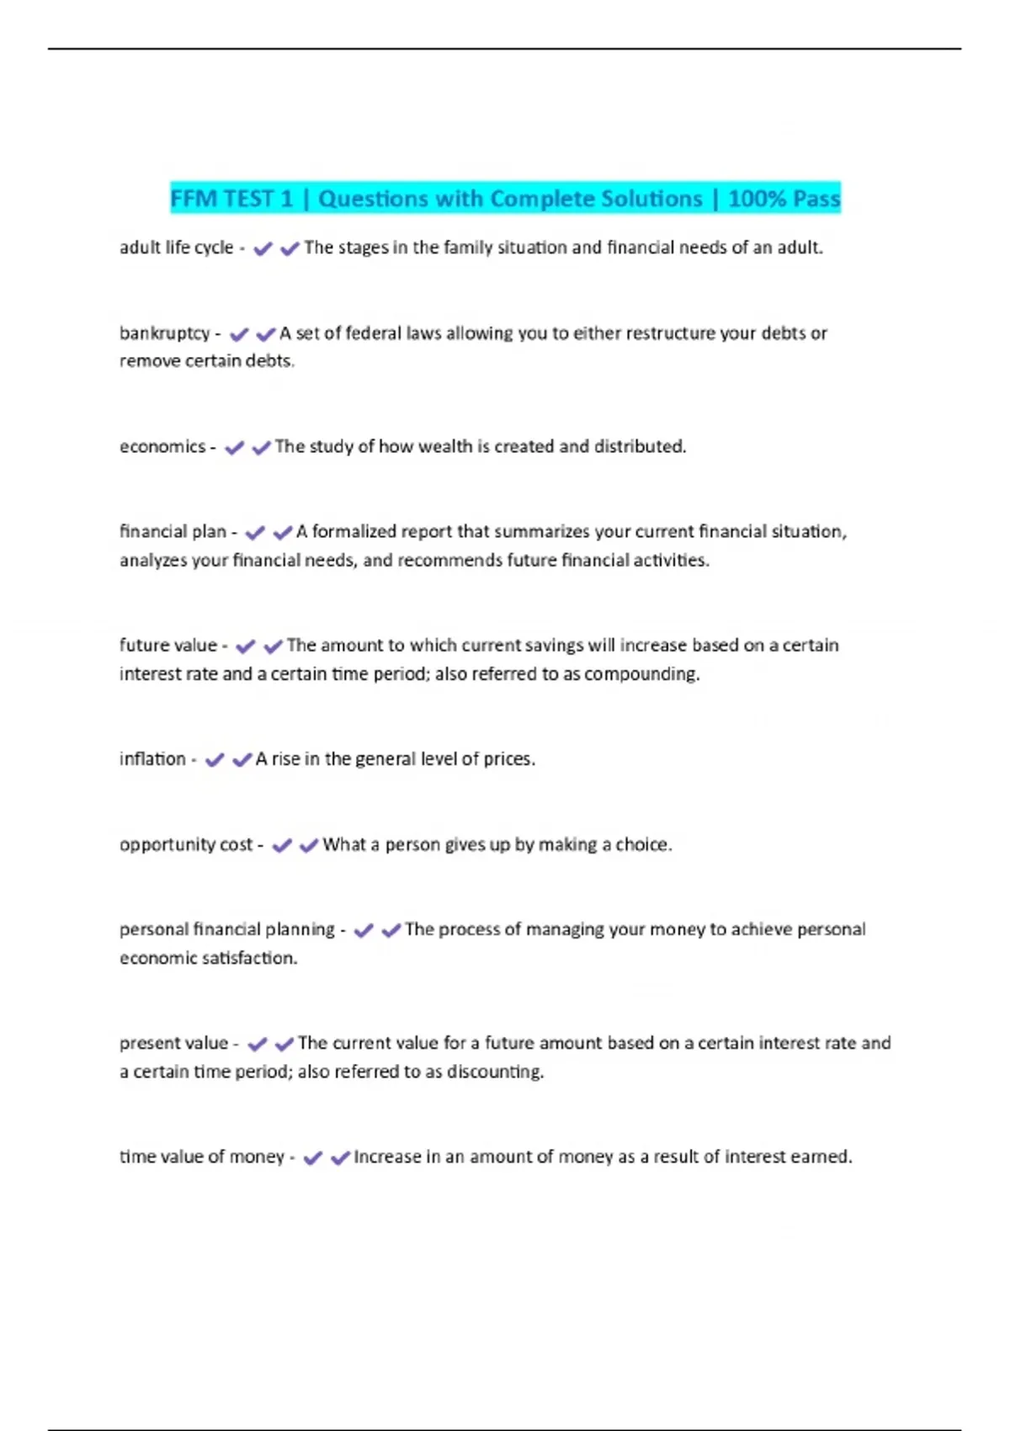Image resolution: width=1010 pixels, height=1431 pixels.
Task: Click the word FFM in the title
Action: pos(193,199)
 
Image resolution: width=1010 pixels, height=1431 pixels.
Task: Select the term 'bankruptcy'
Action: pos(164,333)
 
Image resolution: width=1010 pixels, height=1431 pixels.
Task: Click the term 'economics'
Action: pos(162,446)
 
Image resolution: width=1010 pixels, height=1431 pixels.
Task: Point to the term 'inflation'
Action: pos(152,758)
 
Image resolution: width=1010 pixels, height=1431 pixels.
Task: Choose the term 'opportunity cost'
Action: pos(186,844)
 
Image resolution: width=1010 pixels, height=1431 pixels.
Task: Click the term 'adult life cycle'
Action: pos(176,247)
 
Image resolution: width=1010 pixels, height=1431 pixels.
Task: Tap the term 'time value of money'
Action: pos(202,1157)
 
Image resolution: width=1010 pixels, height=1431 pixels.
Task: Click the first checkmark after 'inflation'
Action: pos(215,759)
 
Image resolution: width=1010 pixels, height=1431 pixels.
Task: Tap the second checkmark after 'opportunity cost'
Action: pos(309,845)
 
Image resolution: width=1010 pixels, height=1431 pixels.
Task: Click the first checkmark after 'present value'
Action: pos(258,1044)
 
